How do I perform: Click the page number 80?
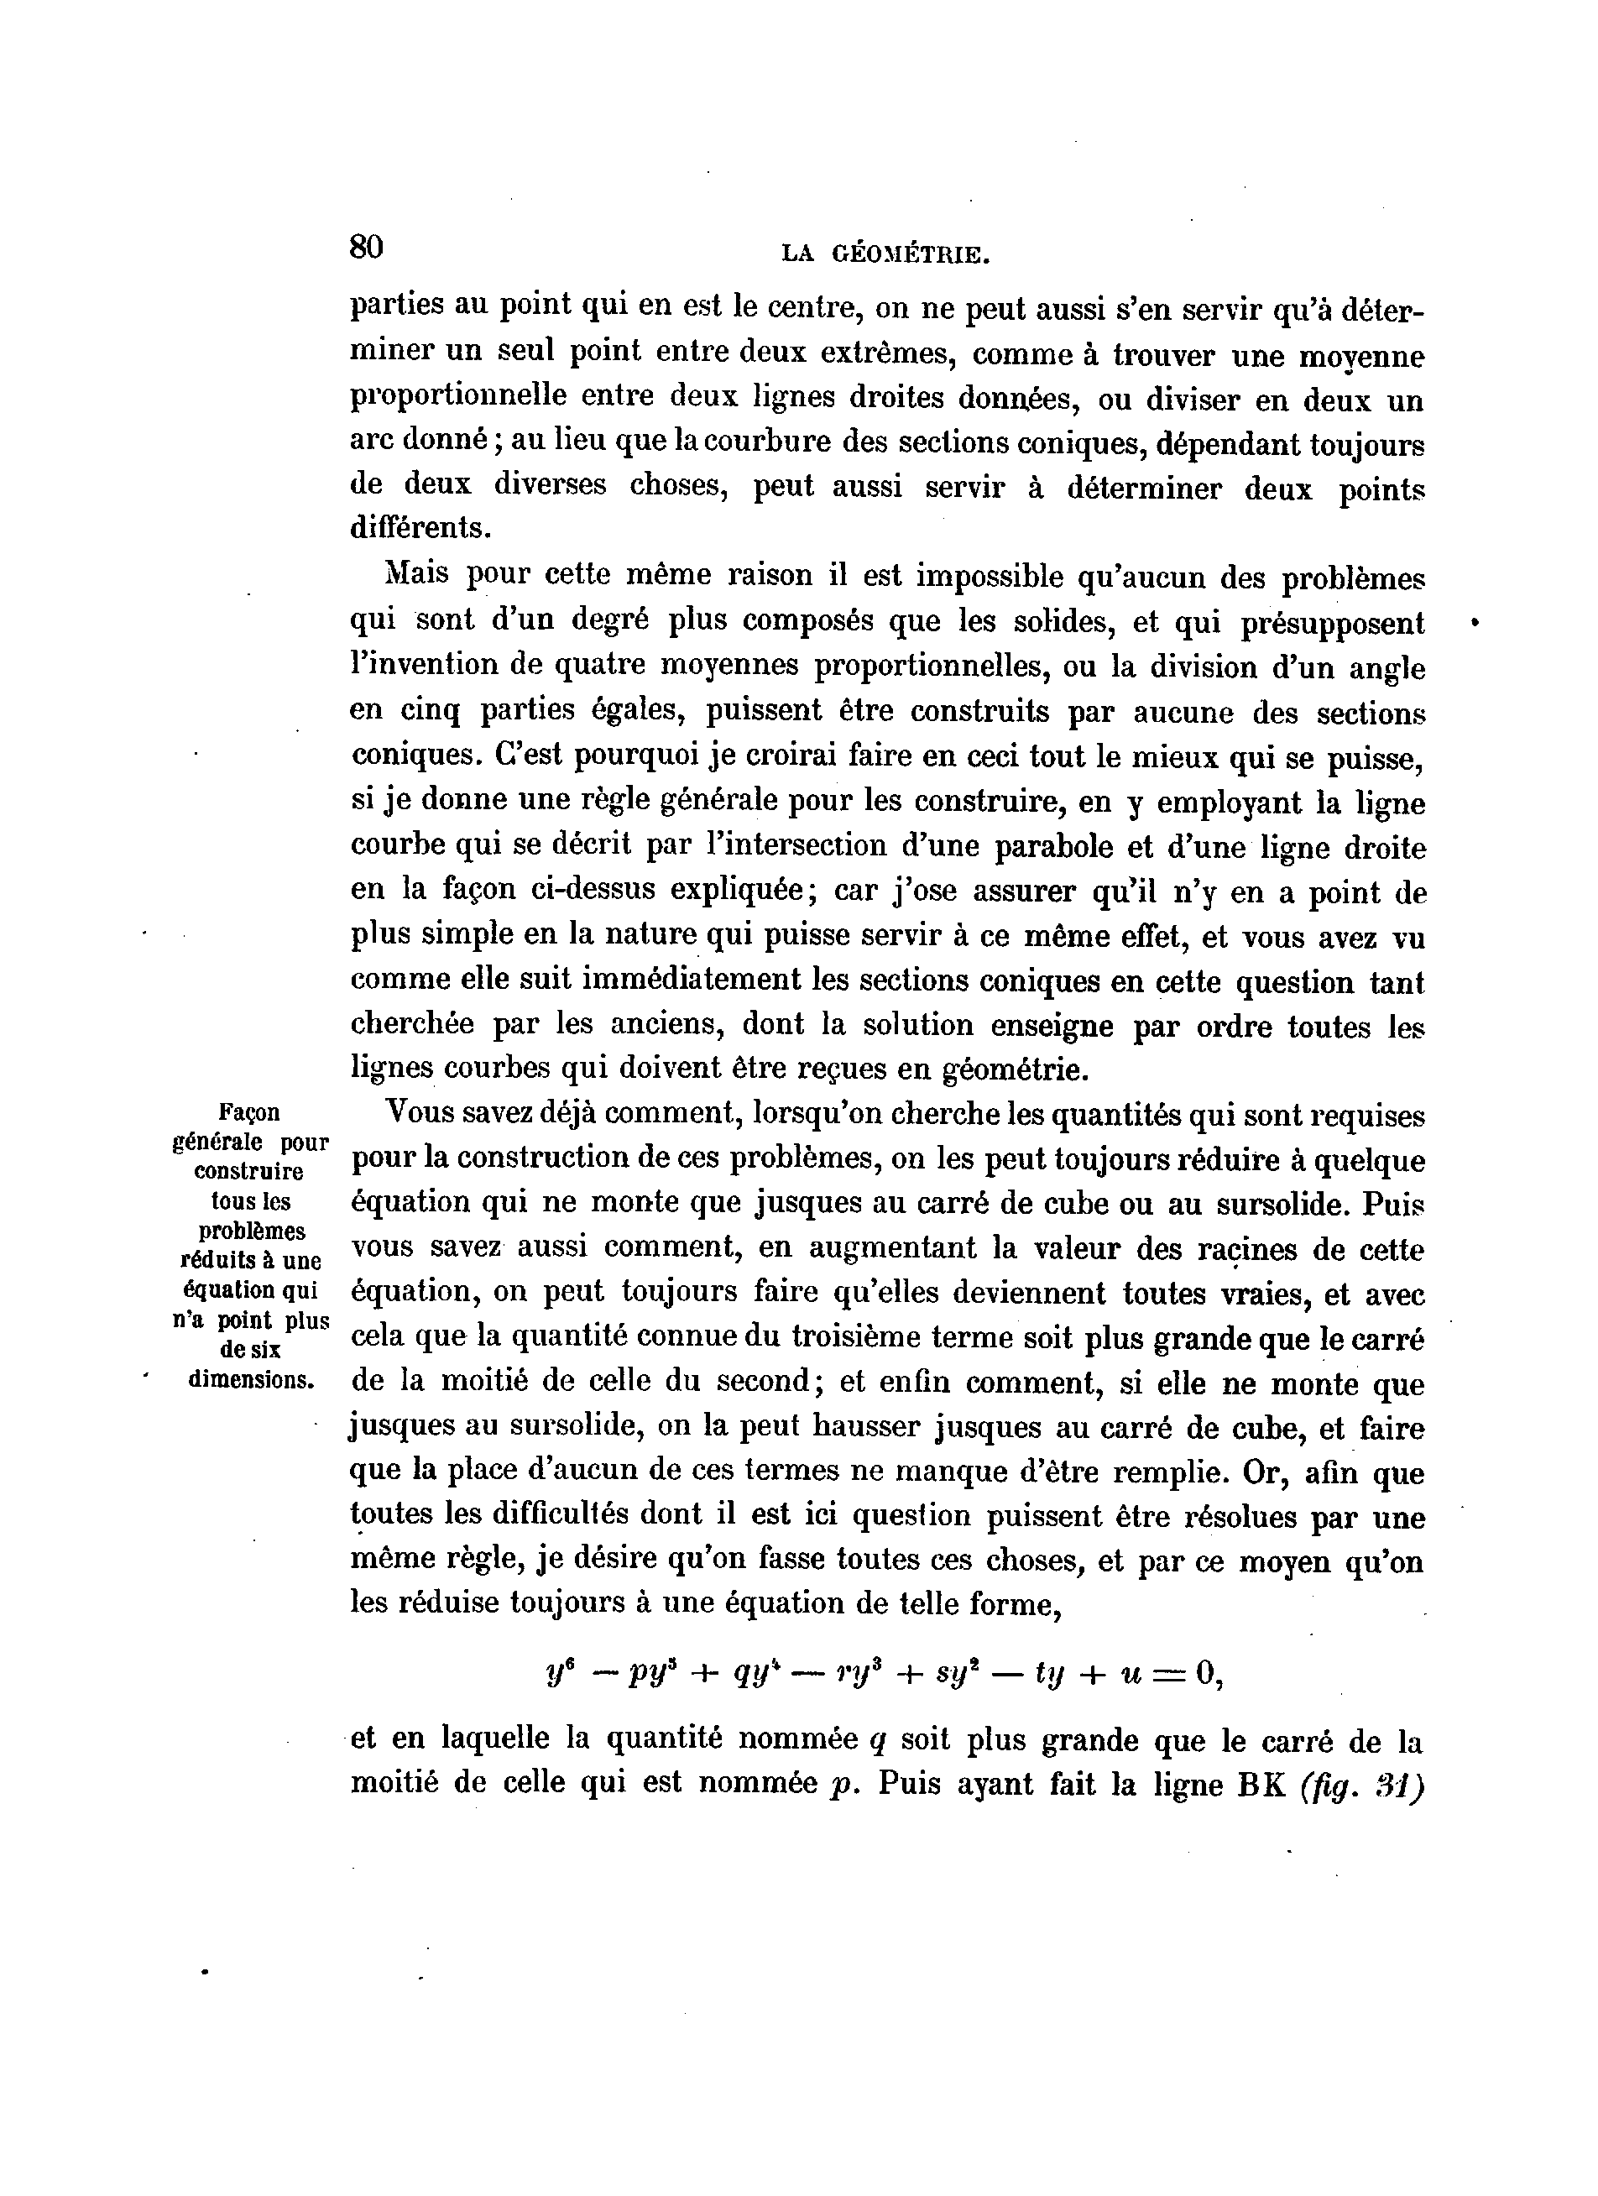click(x=367, y=248)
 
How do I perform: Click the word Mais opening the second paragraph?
click(x=417, y=574)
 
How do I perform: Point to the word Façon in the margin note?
click(x=250, y=1112)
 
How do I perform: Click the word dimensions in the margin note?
click(x=252, y=1378)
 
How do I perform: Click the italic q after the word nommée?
click(x=878, y=1742)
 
